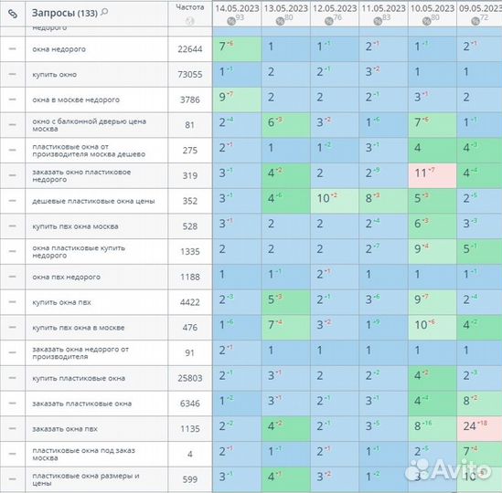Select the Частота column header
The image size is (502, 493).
coord(190,7)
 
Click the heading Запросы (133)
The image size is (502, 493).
coord(64,12)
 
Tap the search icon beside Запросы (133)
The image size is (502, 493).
coord(104,12)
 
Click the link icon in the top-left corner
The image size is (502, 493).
coord(12,13)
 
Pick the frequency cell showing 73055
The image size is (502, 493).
coord(190,73)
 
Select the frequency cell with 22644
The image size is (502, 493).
coord(190,48)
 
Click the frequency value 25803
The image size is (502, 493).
coord(190,377)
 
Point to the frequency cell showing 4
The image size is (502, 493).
coord(190,454)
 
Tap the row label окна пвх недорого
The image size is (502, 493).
coord(66,277)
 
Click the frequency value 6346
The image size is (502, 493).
coord(190,403)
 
